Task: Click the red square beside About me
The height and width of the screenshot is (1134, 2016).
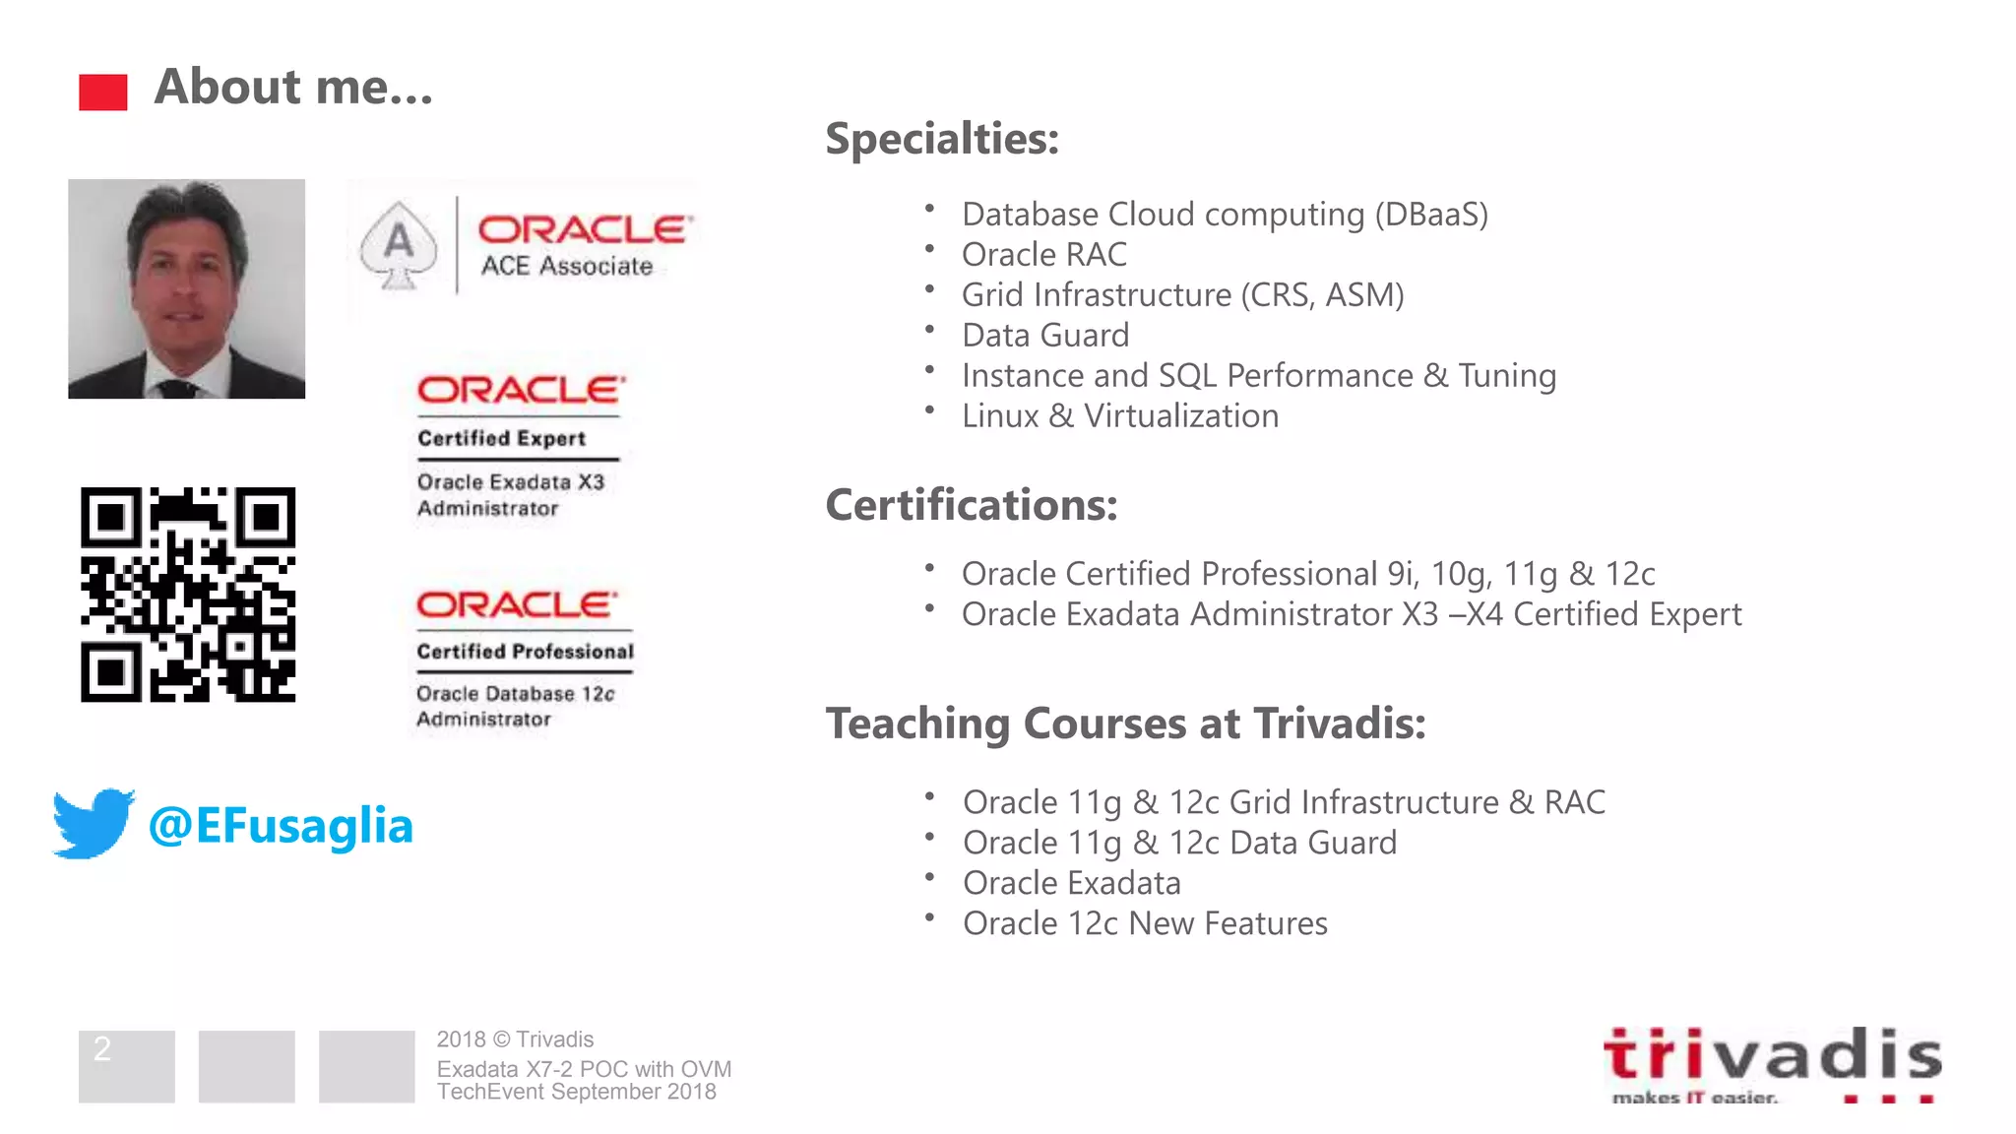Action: click(x=103, y=93)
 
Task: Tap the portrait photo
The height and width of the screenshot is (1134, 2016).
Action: click(x=186, y=288)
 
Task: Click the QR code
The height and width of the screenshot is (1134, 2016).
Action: click(x=188, y=595)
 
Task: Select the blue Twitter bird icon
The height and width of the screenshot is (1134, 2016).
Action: click(x=94, y=823)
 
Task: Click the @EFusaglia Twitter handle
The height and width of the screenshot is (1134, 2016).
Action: click(x=281, y=825)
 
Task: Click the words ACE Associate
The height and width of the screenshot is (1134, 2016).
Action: click(x=567, y=266)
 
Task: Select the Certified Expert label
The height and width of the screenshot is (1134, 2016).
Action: click(x=501, y=438)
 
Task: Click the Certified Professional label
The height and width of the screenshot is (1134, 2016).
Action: click(x=525, y=652)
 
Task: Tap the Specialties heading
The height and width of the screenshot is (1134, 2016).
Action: click(x=942, y=138)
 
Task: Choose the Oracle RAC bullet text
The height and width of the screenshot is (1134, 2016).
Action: click(x=1044, y=254)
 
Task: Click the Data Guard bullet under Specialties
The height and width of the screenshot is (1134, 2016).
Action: click(x=1045, y=335)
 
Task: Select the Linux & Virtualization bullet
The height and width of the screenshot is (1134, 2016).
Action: click(x=1120, y=415)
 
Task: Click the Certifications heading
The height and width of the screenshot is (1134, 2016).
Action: click(x=972, y=505)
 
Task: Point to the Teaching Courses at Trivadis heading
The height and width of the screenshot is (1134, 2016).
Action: click(x=1126, y=724)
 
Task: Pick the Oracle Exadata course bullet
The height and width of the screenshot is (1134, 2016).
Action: click(x=1072, y=883)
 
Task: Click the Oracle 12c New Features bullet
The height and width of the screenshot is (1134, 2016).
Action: click(x=1145, y=923)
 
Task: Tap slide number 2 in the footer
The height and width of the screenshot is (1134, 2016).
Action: click(x=102, y=1049)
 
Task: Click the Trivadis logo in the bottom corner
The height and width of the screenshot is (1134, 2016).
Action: click(x=1772, y=1064)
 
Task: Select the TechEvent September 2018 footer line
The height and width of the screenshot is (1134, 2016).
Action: click(x=577, y=1092)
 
